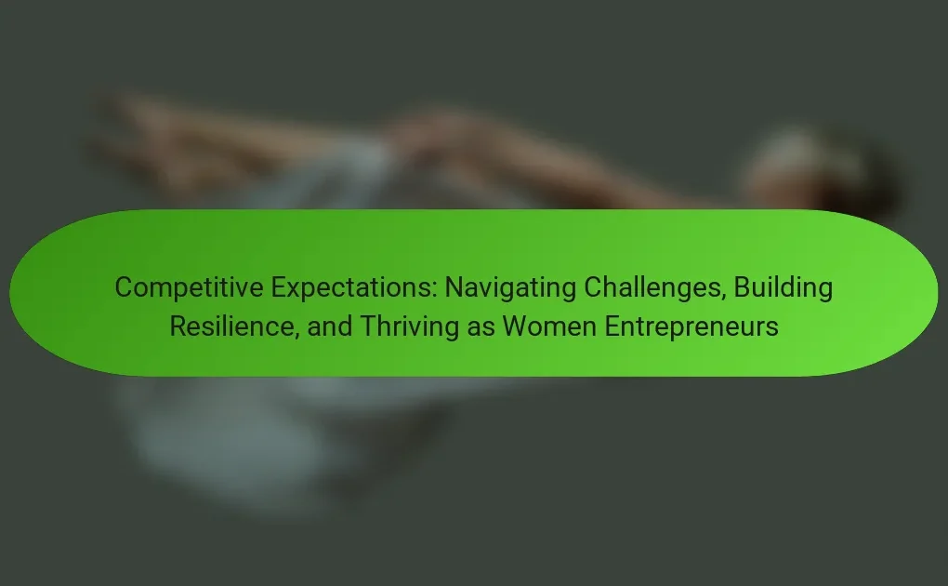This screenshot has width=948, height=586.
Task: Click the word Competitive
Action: pos(190,287)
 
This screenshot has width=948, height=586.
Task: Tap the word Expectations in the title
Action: pos(354,287)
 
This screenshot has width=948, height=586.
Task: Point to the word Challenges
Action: pos(655,287)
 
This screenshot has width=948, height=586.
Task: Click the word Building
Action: pos(783,287)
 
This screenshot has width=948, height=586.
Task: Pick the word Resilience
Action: pos(234,326)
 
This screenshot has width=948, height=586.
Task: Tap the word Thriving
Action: pos(410,326)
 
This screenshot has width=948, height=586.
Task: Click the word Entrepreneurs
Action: pos(691,326)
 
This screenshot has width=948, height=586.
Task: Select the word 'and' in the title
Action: pos(330,326)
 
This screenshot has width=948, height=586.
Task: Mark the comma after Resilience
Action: pos(296,336)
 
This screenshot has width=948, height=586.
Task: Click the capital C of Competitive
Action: pos(124,287)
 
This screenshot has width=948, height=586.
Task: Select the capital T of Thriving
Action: pos(368,326)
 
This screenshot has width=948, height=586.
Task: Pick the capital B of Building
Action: pos(743,287)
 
